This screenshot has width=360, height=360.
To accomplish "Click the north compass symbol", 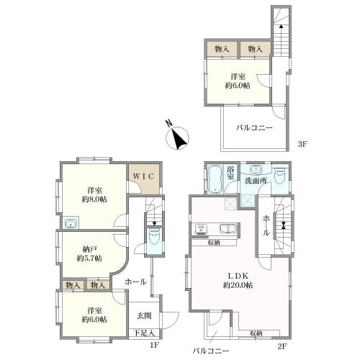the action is (177, 138).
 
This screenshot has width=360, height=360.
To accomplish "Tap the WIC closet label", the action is (143, 176).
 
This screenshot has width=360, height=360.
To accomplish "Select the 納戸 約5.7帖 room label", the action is (89, 253).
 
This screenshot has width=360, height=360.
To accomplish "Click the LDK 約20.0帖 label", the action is (238, 280).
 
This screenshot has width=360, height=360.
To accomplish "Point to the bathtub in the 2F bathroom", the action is (215, 179).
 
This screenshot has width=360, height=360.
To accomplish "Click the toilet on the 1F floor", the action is (154, 235).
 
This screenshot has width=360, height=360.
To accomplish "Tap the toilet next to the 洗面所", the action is (280, 176).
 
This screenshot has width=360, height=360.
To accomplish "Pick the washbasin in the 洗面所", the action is (255, 170).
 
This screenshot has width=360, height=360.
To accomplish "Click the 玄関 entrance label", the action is (144, 315).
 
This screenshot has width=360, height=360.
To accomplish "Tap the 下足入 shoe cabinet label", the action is (144, 333).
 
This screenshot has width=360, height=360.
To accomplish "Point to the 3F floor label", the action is (302, 144).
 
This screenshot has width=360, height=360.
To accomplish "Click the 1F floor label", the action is (155, 346).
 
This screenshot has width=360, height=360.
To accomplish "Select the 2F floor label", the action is (282, 346).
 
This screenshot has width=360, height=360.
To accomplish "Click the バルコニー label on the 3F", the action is (254, 127).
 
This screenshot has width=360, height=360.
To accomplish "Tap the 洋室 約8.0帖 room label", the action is (94, 195).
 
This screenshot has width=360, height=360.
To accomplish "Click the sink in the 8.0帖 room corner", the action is (71, 223).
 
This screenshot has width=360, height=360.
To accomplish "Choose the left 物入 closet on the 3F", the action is (222, 49).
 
